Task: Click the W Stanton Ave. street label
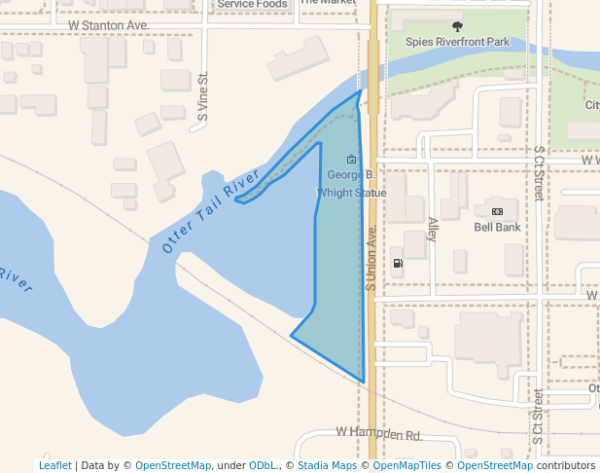[x=108, y=22]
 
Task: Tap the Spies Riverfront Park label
[x=457, y=43]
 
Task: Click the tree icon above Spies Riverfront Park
[x=458, y=26]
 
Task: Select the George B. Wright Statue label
[x=351, y=184]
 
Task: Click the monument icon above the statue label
[x=351, y=160]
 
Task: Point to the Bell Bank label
[x=497, y=227]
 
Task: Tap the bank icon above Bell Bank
[x=497, y=211]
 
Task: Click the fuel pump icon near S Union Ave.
[x=397, y=263]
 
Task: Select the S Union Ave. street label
[x=371, y=259]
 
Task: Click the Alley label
[x=433, y=230]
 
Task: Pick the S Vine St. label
[x=203, y=97]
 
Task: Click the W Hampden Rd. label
[x=378, y=433]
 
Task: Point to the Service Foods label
[x=252, y=5]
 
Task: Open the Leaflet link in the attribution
[x=54, y=465]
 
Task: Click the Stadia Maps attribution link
[x=327, y=465]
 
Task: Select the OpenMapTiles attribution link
[x=406, y=465]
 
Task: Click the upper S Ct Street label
[x=539, y=174]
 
